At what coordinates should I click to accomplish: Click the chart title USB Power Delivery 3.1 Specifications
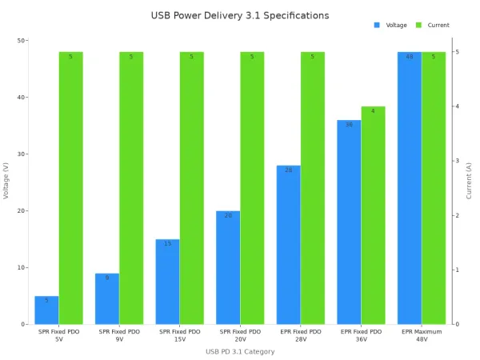[240, 15]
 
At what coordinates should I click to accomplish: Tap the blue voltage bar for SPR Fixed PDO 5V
[46, 310]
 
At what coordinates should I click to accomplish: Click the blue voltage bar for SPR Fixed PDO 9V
[107, 299]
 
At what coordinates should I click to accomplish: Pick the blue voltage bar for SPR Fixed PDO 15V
[167, 282]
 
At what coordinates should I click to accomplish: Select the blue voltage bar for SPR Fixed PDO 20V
[228, 267]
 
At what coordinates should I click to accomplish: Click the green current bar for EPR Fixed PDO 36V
[373, 215]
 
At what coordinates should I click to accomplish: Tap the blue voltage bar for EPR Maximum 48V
[410, 188]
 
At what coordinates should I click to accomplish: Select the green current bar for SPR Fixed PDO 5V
[70, 188]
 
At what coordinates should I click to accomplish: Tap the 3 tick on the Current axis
[457, 161]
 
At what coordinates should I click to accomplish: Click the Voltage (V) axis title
[6, 182]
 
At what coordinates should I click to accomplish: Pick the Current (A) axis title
[470, 182]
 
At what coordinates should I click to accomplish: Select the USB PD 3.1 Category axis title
[240, 351]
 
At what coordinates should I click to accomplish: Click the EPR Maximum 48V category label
[422, 334]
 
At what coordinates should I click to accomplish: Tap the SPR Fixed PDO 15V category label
[180, 334]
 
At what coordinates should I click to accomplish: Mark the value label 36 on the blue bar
[349, 125]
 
